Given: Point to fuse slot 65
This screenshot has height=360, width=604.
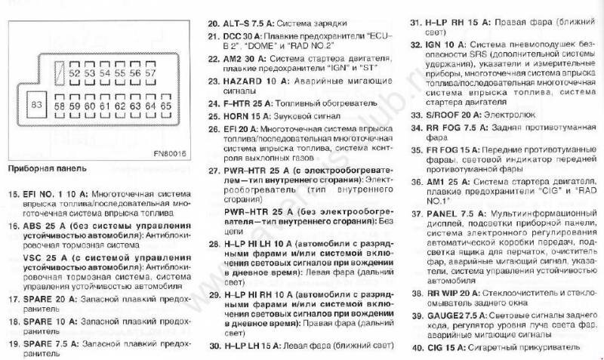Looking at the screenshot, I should [x=165, y=107].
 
